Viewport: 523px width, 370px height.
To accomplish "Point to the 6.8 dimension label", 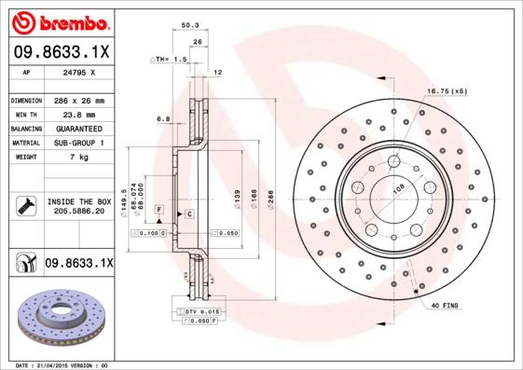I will [163, 118].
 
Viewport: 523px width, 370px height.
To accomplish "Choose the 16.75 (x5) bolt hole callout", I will [445, 91].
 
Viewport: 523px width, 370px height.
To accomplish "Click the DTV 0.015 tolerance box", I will [200, 310].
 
